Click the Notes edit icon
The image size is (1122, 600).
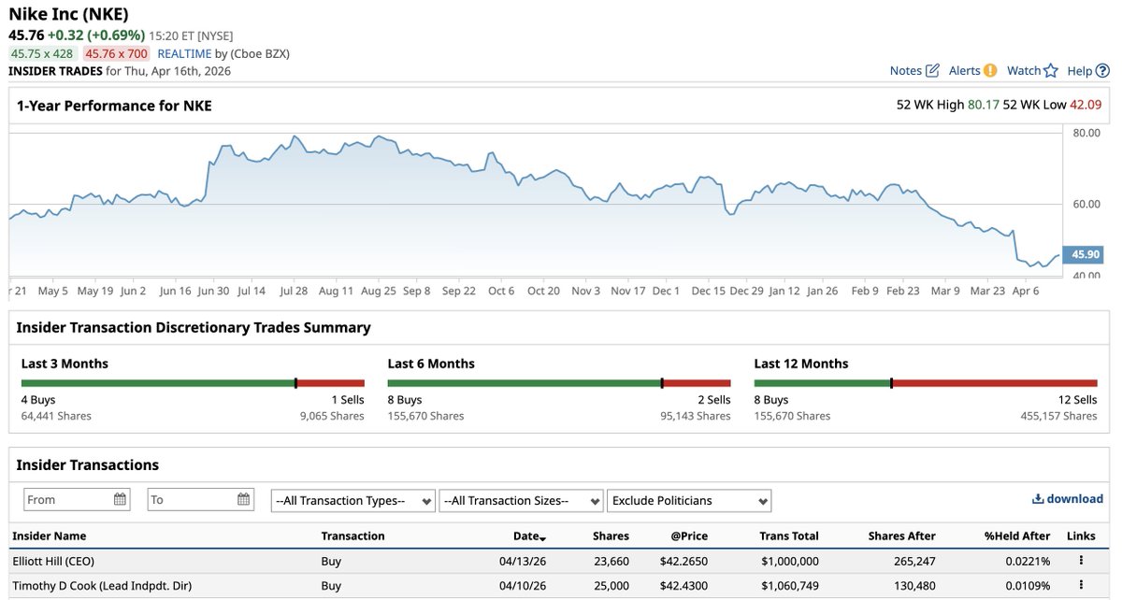pyautogui.click(x=932, y=71)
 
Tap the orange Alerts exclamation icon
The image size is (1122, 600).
pyautogui.click(x=990, y=71)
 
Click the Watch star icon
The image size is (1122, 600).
pyautogui.click(x=1051, y=71)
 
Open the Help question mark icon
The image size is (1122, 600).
pyautogui.click(x=1102, y=71)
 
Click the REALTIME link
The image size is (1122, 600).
pyautogui.click(x=184, y=53)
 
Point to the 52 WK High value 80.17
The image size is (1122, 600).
pyautogui.click(x=984, y=105)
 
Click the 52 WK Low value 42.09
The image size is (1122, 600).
pyautogui.click(x=1086, y=105)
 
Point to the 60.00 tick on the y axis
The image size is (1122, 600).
pyautogui.click(x=1086, y=204)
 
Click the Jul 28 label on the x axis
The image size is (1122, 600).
pyautogui.click(x=294, y=291)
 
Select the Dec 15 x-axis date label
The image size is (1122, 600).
pyautogui.click(x=708, y=291)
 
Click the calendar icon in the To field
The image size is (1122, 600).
pyautogui.click(x=243, y=499)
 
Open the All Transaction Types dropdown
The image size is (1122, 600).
pyautogui.click(x=353, y=501)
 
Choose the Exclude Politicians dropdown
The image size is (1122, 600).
pyautogui.click(x=689, y=501)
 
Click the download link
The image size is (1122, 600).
pyautogui.click(x=1068, y=499)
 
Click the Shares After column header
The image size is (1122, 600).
pyautogui.click(x=901, y=536)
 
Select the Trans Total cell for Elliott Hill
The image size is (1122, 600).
pyautogui.click(x=790, y=561)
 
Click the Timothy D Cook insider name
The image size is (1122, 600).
pyautogui.click(x=102, y=585)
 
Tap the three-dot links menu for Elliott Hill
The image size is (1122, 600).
pyautogui.click(x=1081, y=560)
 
